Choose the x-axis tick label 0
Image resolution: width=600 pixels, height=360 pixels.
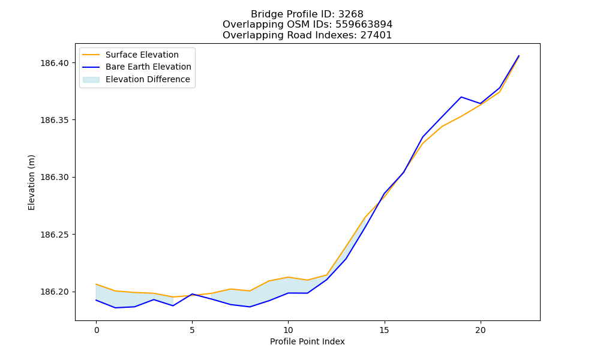[x=96, y=330]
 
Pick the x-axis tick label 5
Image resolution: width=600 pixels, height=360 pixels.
[x=192, y=330]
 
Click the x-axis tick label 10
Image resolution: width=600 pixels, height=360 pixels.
[x=288, y=330]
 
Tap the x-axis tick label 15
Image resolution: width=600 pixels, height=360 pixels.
[x=384, y=330]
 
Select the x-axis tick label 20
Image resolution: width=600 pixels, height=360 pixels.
[x=480, y=330]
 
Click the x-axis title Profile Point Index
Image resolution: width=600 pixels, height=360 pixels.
[x=307, y=341]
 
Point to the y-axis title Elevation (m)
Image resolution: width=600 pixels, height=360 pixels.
[x=31, y=182]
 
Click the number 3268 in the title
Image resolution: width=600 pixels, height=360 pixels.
[x=351, y=14]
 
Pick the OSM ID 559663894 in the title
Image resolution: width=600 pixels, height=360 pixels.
[x=364, y=25]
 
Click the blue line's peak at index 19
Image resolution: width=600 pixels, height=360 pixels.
[x=461, y=97]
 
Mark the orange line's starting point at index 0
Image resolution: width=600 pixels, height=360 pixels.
[x=96, y=284]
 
